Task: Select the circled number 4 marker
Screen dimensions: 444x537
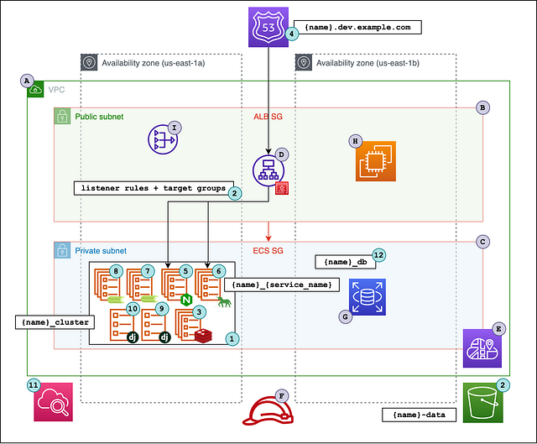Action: click(x=292, y=34)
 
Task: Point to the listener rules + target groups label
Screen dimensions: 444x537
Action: click(x=151, y=189)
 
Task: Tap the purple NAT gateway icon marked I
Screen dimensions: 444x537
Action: click(x=162, y=140)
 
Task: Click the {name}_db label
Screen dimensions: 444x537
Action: click(x=344, y=262)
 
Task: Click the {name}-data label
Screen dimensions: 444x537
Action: click(x=420, y=414)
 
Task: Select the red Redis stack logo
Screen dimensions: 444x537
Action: click(x=202, y=336)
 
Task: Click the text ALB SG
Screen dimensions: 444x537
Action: click(x=268, y=117)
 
